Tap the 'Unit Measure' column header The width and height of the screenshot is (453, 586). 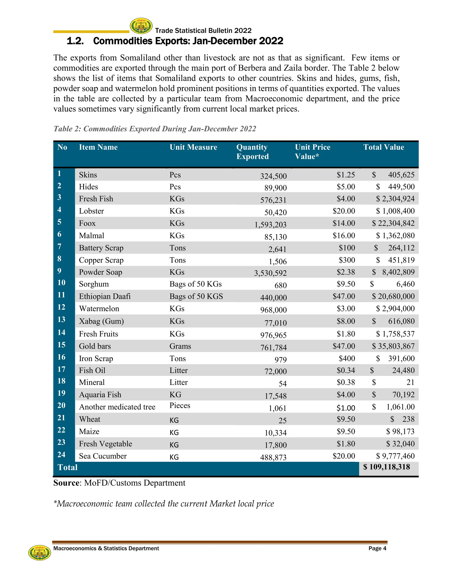193,147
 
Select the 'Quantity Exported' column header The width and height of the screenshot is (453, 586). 252,152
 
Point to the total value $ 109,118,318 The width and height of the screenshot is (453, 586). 386,467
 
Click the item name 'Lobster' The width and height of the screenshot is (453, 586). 91,211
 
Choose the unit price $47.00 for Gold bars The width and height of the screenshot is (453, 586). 344,346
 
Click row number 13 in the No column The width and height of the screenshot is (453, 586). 61,319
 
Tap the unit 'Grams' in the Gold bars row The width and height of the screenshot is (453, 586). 180,346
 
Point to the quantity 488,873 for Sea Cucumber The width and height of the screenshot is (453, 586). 273,457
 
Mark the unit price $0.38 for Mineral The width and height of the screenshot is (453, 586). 346,382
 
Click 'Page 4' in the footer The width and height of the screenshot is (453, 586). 377,548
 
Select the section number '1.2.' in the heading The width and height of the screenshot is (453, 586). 75,41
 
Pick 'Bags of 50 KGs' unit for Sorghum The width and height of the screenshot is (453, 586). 195,284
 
